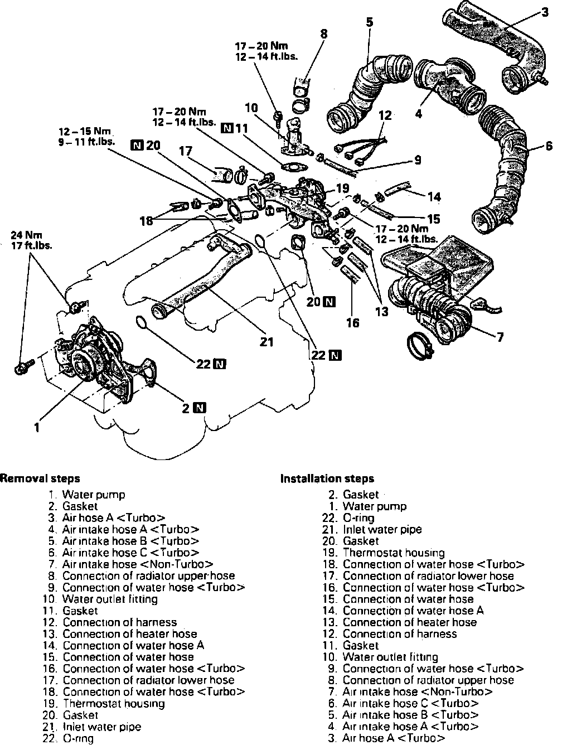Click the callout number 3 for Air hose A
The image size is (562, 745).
pyautogui.click(x=544, y=12)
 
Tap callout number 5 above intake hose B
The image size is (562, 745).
pyautogui.click(x=369, y=22)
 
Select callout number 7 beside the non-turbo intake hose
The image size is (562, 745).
pyautogui.click(x=500, y=337)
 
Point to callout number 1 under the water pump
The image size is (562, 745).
pyautogui.click(x=36, y=428)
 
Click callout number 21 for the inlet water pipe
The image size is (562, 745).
pyautogui.click(x=267, y=342)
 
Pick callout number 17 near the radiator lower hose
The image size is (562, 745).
pyautogui.click(x=186, y=151)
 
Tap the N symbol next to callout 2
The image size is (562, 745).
pyautogui.click(x=200, y=408)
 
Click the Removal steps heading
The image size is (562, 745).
pyautogui.click(x=40, y=478)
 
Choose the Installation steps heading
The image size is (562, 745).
pyautogui.click(x=327, y=478)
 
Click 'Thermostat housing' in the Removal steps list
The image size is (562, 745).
pyautogui.click(x=114, y=703)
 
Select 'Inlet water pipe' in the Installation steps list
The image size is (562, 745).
pyautogui.click(x=382, y=529)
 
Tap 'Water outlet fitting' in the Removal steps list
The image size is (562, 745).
pyautogui.click(x=110, y=599)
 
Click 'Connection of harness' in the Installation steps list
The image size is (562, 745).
pyautogui.click(x=399, y=633)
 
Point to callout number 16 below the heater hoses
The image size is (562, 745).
pyautogui.click(x=352, y=322)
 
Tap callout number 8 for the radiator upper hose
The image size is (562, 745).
pyautogui.click(x=323, y=34)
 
